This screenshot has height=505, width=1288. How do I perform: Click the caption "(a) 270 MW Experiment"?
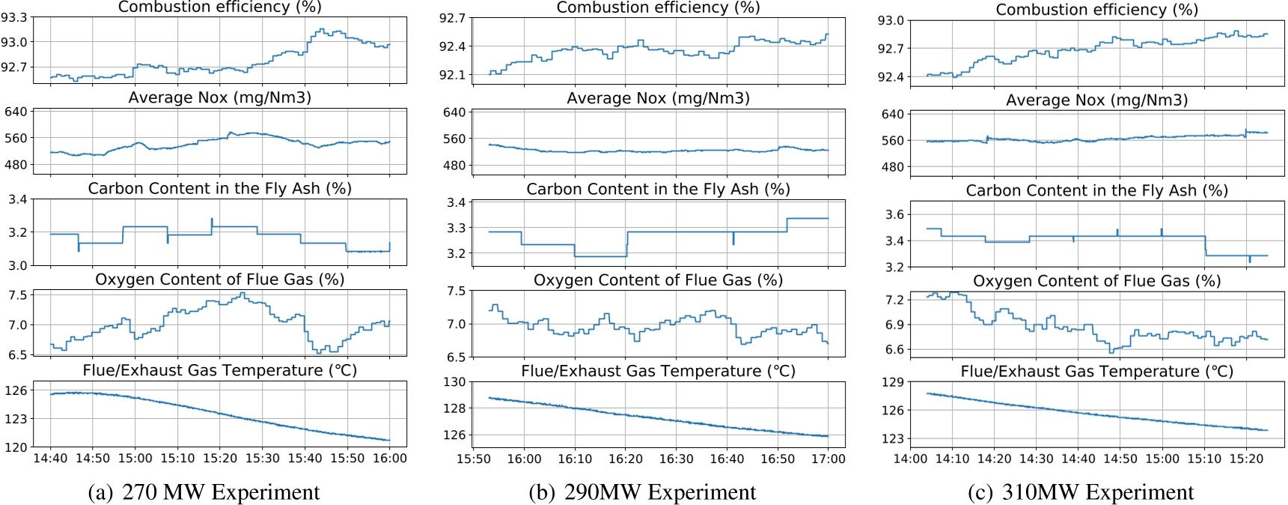[204, 492]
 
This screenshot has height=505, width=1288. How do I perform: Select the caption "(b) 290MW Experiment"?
[642, 492]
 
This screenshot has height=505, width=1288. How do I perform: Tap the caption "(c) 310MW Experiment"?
[1081, 492]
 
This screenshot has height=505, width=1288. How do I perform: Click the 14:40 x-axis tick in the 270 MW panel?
[50, 459]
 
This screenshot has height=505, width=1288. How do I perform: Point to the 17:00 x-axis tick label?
[828, 459]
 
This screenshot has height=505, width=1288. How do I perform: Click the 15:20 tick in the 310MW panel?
[1246, 459]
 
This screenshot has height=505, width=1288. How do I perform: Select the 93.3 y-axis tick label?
[14, 17]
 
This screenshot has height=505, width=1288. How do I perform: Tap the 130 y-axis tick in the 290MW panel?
[454, 382]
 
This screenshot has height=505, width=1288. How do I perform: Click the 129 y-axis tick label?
[893, 382]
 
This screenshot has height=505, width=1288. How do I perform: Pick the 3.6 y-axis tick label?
[894, 214]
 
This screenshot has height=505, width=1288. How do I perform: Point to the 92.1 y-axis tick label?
[451, 75]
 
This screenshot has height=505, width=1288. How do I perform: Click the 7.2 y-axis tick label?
[894, 300]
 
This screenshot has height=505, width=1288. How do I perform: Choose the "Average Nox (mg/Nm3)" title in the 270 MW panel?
[219, 97]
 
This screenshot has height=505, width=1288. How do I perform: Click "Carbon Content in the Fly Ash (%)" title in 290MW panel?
[658, 189]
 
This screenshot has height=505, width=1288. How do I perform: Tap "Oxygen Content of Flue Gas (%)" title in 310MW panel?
[1096, 281]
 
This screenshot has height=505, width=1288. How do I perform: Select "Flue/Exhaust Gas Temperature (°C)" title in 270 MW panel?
[219, 370]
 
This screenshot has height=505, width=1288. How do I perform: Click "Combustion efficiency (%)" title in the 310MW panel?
[1096, 10]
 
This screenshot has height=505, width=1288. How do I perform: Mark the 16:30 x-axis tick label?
[676, 459]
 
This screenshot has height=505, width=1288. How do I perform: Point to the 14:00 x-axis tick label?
[910, 459]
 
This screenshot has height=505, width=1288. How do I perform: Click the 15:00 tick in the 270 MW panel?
[135, 459]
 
